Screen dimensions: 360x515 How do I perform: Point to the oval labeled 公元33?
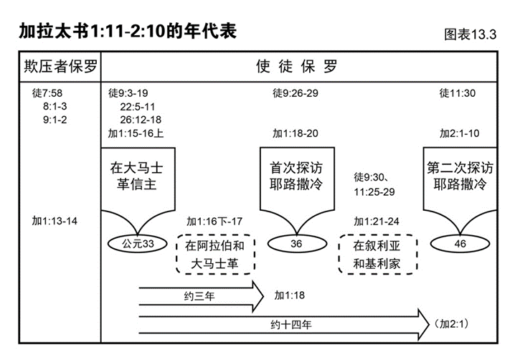pyautogui.click(x=138, y=244)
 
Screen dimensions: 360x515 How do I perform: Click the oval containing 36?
pyautogui.click(x=296, y=244)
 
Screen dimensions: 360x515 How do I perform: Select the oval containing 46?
pyautogui.click(x=460, y=244)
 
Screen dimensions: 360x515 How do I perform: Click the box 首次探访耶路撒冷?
pyautogui.click(x=296, y=177)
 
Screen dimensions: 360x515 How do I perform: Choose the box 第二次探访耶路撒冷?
pyautogui.click(x=460, y=177)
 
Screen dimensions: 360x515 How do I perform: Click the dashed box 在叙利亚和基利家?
pyautogui.click(x=376, y=255)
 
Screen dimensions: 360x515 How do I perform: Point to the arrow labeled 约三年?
pyautogui.click(x=202, y=295)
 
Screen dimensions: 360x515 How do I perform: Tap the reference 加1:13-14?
pyautogui.click(x=55, y=220)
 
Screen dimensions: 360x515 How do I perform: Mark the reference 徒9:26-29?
pyautogui.click(x=296, y=94)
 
